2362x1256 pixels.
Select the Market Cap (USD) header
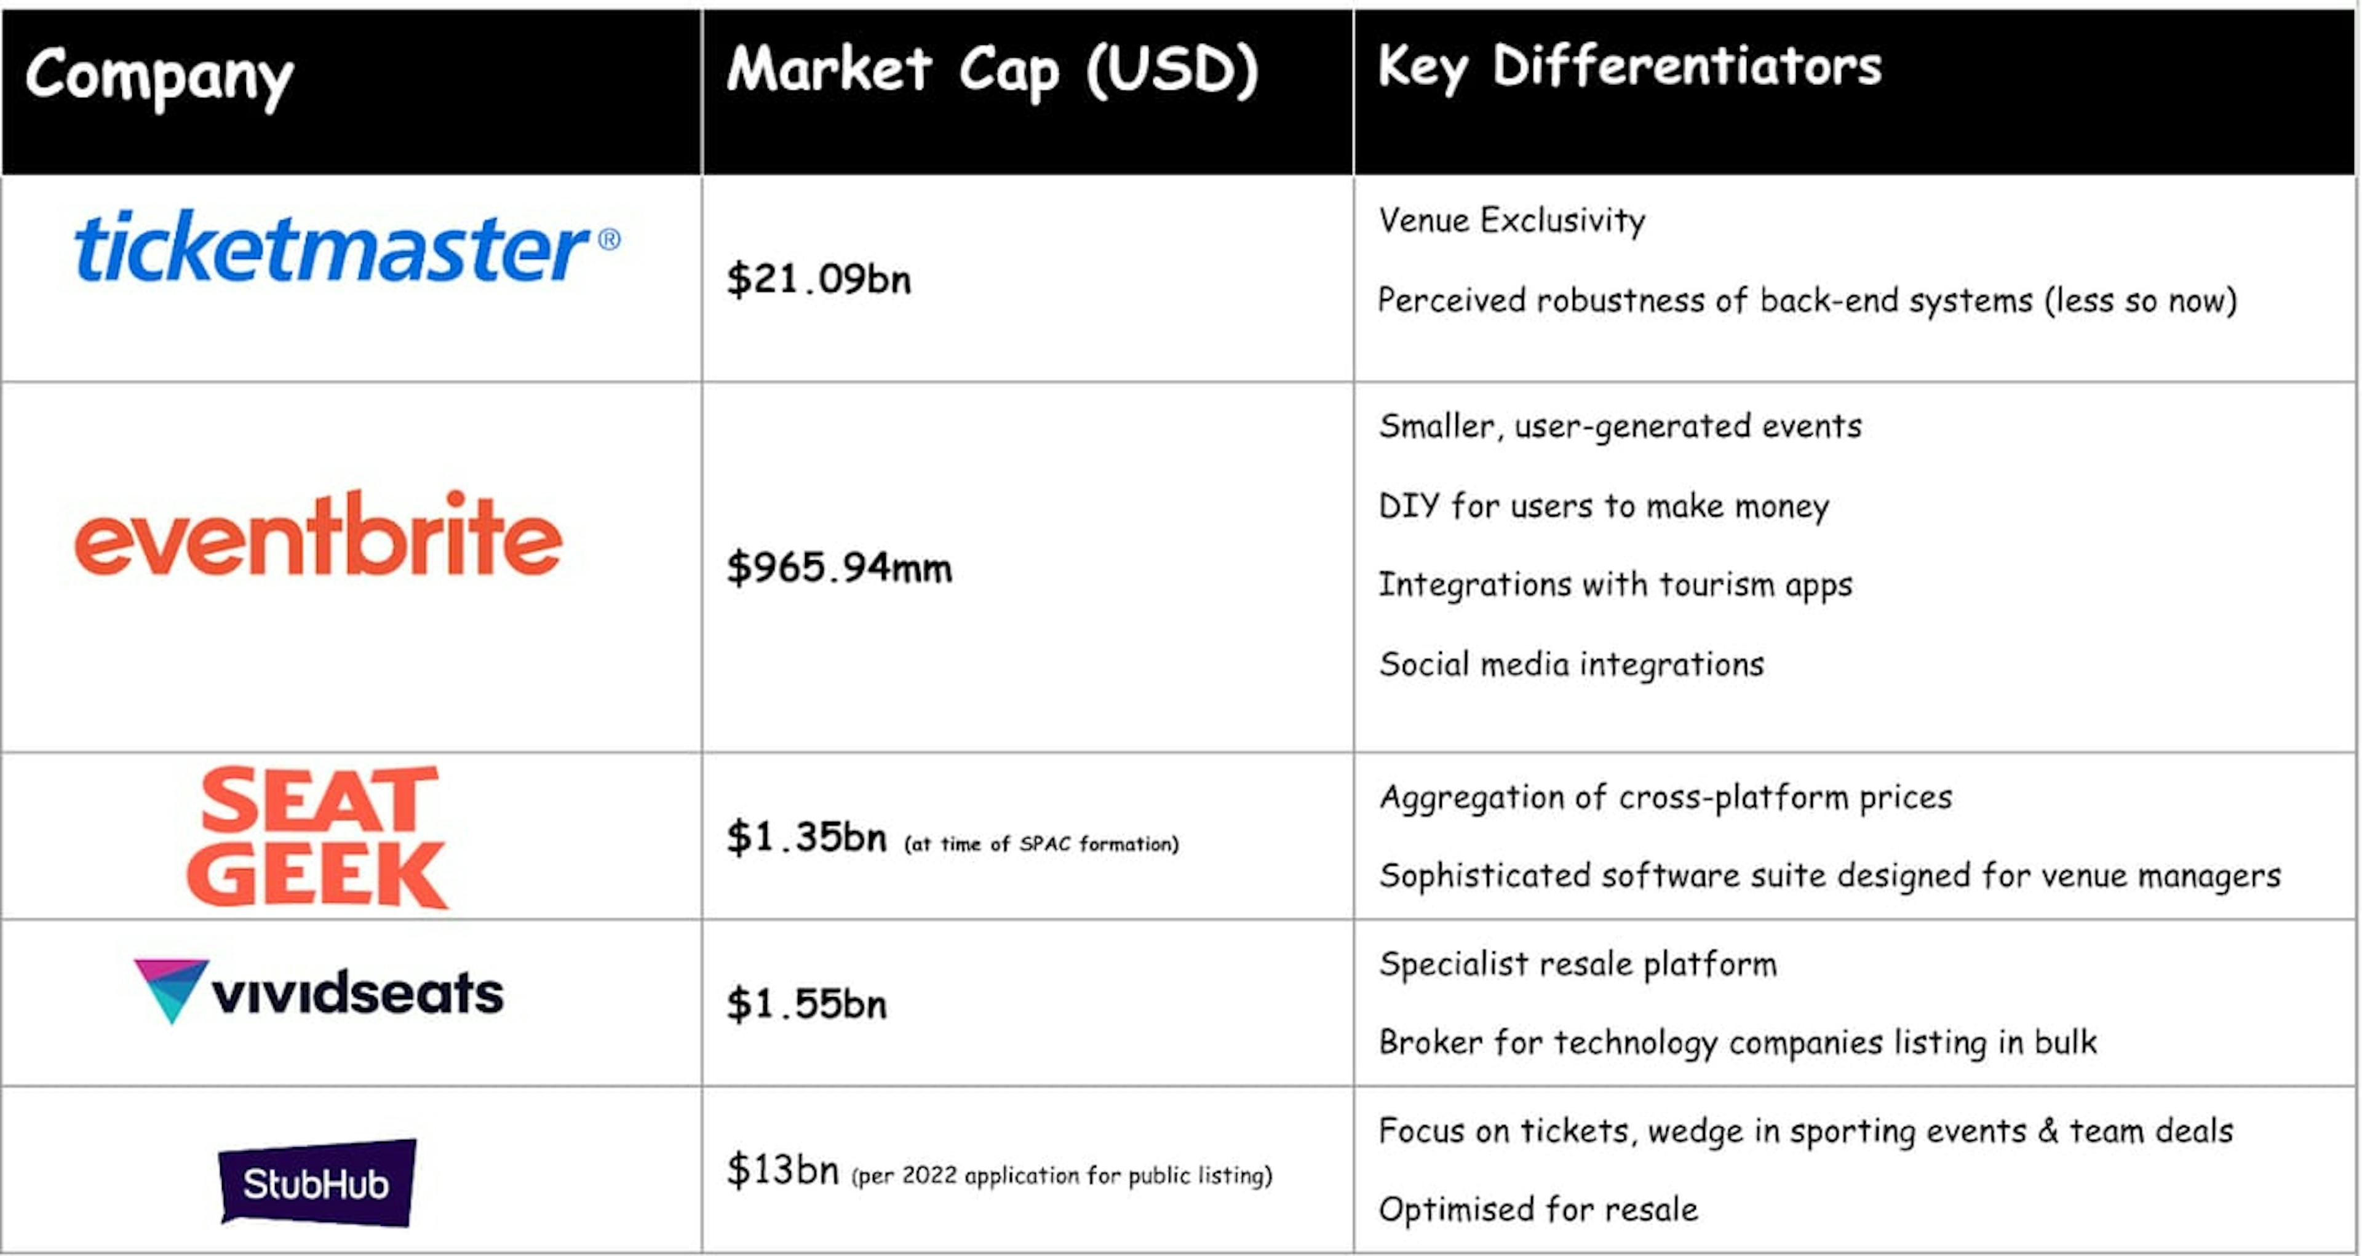(993, 71)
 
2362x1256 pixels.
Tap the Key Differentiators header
(1629, 68)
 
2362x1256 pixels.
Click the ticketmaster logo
(346, 245)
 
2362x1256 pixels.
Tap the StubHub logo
(317, 1183)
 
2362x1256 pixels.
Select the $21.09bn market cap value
(819, 279)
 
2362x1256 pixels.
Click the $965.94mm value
(839, 566)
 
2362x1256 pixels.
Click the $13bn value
(782, 1170)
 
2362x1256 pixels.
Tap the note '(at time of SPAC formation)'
(1041, 843)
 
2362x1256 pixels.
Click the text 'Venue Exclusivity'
(1512, 221)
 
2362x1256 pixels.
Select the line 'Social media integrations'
(1572, 664)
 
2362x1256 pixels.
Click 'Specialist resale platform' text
(1578, 964)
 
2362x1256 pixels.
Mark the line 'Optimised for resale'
(1538, 1209)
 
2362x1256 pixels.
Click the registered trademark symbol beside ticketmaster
(609, 240)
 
